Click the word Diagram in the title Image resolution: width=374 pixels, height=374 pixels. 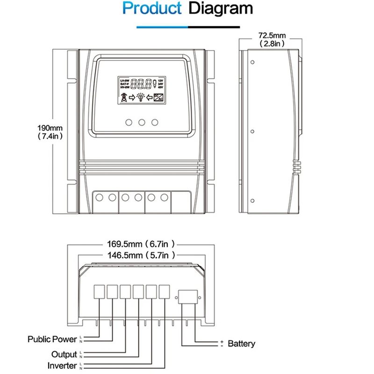221,9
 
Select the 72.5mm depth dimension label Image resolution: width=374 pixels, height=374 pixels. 271,35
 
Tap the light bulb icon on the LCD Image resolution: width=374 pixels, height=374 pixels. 140,97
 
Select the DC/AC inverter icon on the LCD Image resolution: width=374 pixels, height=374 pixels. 159,97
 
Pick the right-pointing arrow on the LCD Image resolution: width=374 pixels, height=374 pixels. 132,97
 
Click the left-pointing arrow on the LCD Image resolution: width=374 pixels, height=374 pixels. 150,97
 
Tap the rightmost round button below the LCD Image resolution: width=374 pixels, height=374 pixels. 155,122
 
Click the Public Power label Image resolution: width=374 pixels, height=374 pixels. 52,339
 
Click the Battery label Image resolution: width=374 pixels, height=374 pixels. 241,344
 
